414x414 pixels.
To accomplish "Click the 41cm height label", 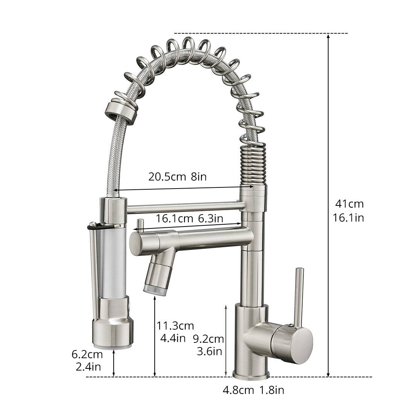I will click(x=349, y=204).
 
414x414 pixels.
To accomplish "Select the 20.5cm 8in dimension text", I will click(x=177, y=177).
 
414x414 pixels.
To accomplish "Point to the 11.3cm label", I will click(x=175, y=325).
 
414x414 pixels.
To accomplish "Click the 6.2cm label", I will click(x=87, y=354).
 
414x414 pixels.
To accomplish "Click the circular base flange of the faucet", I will click(x=251, y=374).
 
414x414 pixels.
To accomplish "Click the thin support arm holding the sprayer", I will click(x=184, y=207).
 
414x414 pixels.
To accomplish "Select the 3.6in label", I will click(x=209, y=352).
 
